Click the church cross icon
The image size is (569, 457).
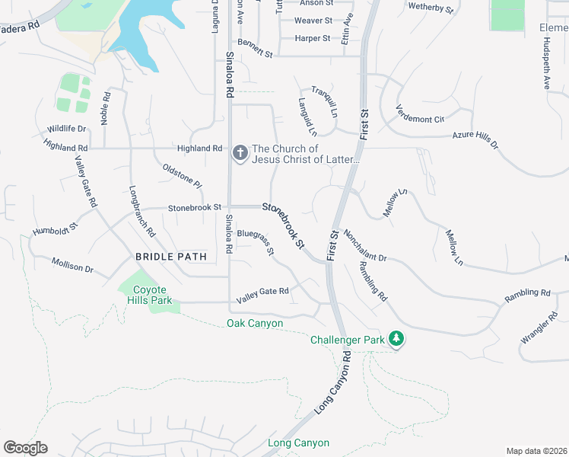pos(240,154)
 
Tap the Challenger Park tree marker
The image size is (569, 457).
pos(396,338)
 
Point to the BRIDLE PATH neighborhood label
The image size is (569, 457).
pos(171,257)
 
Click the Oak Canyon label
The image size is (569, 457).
pos(255,324)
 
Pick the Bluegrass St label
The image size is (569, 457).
pos(255,242)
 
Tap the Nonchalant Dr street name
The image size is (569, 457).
pos(365,246)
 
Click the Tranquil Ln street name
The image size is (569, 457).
pos(324,101)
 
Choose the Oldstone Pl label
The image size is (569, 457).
pos(182,175)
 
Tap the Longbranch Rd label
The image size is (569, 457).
pos(142,211)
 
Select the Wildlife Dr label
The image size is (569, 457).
pos(66,129)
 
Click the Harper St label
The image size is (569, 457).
pos(313,38)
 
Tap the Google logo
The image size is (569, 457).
pos(25,448)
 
